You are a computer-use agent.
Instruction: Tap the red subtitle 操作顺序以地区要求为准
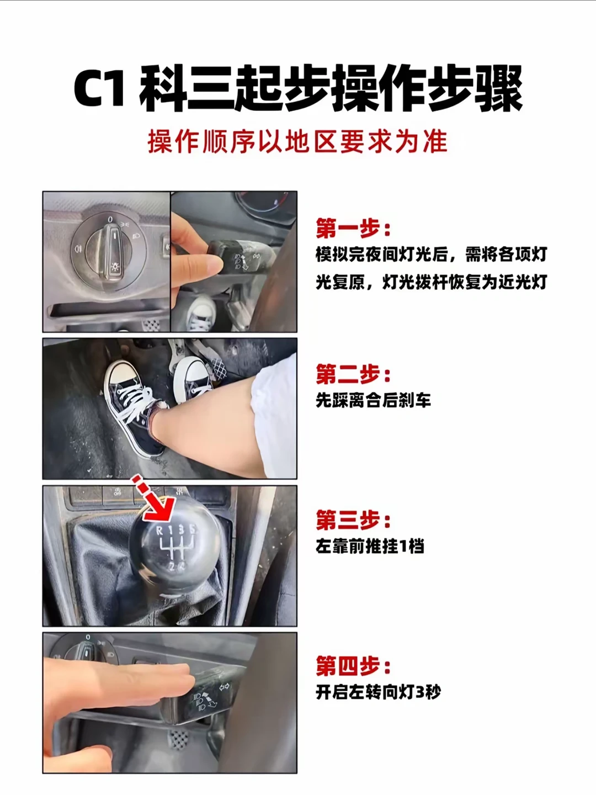[297, 142]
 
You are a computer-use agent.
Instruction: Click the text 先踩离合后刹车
[373, 400]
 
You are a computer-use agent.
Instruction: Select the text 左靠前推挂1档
[370, 547]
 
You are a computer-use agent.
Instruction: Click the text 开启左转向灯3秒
[378, 692]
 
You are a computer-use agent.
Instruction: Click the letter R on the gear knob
[160, 531]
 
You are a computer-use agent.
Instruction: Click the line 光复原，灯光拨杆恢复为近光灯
[431, 282]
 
